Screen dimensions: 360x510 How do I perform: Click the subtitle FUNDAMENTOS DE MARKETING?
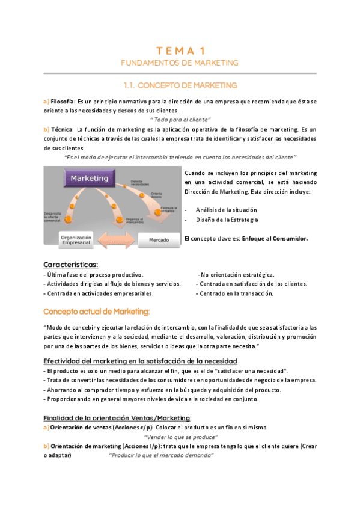(180, 63)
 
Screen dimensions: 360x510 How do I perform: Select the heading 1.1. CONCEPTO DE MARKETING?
(180, 85)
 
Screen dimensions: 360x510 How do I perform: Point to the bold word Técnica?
(63, 129)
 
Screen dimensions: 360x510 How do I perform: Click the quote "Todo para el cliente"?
(180, 120)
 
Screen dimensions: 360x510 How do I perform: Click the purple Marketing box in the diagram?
(90, 179)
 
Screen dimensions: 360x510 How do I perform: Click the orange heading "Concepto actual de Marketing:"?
(96, 311)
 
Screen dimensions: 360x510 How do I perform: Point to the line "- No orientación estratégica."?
(237, 274)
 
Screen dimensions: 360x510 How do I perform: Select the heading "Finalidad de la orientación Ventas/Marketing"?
(117, 418)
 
